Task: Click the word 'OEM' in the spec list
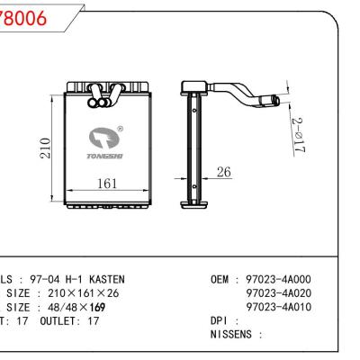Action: pos(220,279)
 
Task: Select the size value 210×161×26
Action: pos(85,293)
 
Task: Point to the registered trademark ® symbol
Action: pos(119,129)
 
